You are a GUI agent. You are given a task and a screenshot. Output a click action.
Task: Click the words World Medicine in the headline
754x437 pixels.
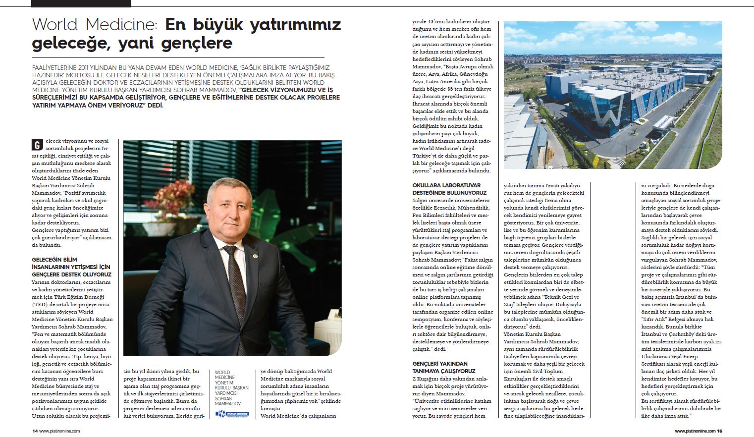point(94,24)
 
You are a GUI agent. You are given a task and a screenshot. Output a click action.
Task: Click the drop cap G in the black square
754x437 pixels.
point(36,145)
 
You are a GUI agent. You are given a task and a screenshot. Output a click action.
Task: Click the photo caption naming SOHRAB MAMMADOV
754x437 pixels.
point(232,388)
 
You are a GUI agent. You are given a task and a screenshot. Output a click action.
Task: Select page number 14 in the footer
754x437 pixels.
point(35,431)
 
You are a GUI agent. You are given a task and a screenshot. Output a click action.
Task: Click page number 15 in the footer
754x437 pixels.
point(720,431)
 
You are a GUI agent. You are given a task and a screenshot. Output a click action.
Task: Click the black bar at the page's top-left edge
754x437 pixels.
point(81,3)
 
